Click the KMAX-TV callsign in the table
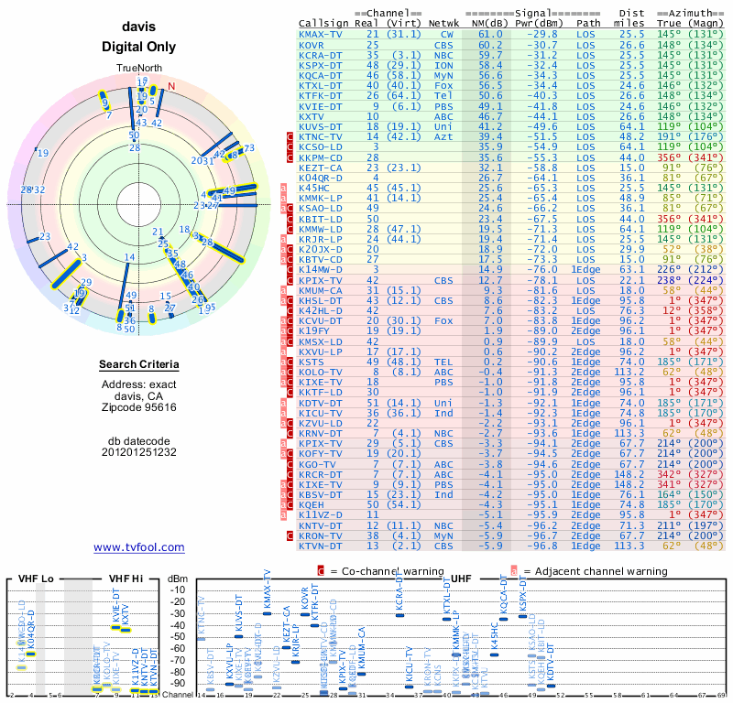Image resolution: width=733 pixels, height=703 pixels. [x=321, y=34]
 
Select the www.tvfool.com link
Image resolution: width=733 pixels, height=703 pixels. [x=138, y=547]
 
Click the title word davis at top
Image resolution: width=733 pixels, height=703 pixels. [x=138, y=27]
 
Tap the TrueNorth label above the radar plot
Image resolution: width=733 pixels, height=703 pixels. [x=138, y=70]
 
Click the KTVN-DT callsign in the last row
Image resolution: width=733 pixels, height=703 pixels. [x=321, y=546]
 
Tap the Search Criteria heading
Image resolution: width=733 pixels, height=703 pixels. [x=138, y=365]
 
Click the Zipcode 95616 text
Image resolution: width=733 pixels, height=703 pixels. [x=138, y=407]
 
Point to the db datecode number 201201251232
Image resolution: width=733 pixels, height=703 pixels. [x=138, y=451]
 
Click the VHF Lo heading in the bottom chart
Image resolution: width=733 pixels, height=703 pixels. [x=34, y=579]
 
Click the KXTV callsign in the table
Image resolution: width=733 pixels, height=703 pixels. [x=312, y=116]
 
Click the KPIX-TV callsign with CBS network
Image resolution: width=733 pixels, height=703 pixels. [x=321, y=280]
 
